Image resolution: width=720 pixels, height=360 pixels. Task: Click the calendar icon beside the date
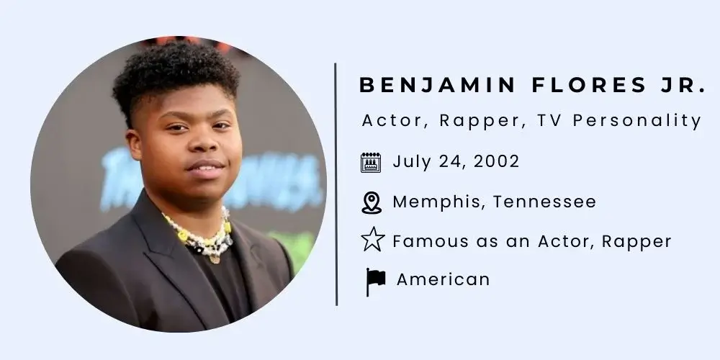[371, 162]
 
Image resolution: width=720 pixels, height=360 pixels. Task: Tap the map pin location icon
[371, 202]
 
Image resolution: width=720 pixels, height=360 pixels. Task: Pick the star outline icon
[372, 240]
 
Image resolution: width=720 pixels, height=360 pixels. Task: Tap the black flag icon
[375, 281]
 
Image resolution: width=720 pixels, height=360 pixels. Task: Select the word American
[443, 279]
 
